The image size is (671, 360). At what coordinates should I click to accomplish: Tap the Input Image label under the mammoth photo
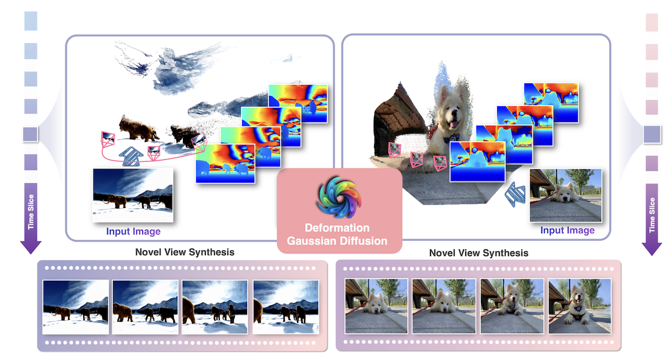click(x=133, y=231)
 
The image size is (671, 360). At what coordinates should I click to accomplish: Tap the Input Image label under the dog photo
click(x=567, y=230)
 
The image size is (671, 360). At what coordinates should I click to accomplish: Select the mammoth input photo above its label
click(x=133, y=196)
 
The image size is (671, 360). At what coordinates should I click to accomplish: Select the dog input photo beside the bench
click(x=565, y=195)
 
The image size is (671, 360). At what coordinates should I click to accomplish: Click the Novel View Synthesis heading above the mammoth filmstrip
click(x=185, y=252)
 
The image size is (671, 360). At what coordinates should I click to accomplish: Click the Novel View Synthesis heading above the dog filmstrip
click(x=479, y=253)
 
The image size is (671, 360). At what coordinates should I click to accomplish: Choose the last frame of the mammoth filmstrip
click(x=285, y=307)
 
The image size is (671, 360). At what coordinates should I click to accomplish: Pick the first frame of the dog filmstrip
click(x=376, y=307)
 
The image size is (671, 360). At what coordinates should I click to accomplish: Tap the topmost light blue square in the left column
click(x=31, y=21)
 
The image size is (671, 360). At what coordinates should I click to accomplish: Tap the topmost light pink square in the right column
click(x=652, y=21)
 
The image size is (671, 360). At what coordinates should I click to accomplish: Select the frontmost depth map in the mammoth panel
click(x=225, y=163)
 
